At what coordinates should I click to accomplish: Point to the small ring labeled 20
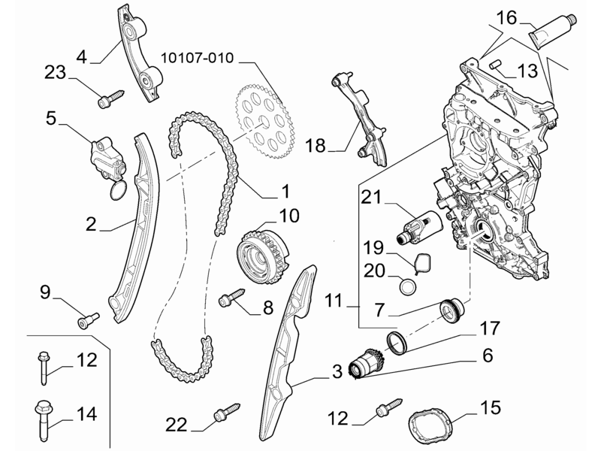[x=407, y=286]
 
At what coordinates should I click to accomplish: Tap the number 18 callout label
[x=316, y=146]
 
